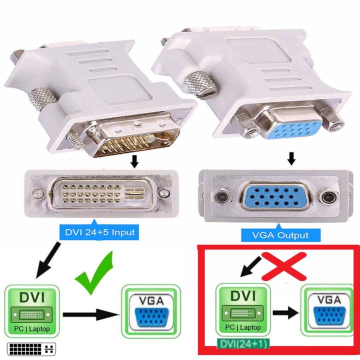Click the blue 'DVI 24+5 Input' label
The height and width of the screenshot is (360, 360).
coord(99,232)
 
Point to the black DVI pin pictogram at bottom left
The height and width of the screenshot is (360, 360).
coord(31,349)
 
